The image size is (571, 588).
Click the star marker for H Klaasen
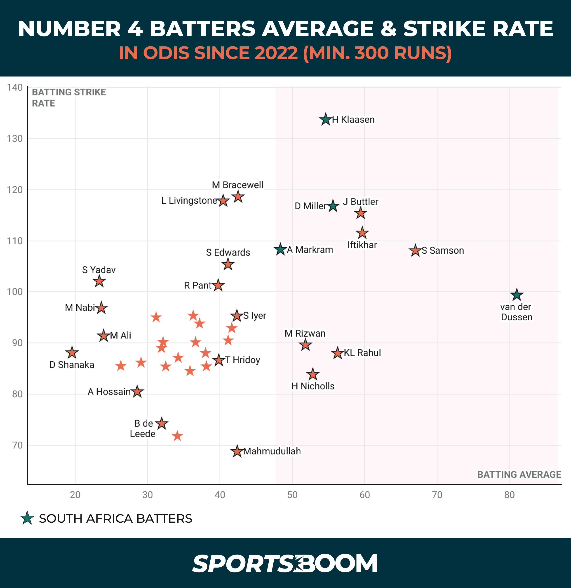tap(326, 120)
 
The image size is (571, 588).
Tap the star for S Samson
tap(415, 250)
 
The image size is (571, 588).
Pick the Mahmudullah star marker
tap(237, 451)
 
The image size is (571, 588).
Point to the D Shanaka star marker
tap(72, 353)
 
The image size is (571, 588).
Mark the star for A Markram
tap(280, 249)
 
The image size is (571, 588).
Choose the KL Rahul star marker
tap(338, 353)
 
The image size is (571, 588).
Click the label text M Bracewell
tap(237, 185)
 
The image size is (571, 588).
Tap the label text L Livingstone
tap(189, 200)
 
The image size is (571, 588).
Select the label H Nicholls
tap(313, 386)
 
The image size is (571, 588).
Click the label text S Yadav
tap(99, 270)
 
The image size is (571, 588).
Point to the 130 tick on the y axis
tap(15, 139)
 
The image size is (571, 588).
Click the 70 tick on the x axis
tap(437, 495)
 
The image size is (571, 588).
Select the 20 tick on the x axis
tap(75, 495)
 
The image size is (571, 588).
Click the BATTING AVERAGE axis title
tap(519, 474)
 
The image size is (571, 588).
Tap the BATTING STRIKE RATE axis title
tap(69, 97)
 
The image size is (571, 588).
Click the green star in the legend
tap(27, 518)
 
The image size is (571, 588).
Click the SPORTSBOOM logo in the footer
tap(285, 563)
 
